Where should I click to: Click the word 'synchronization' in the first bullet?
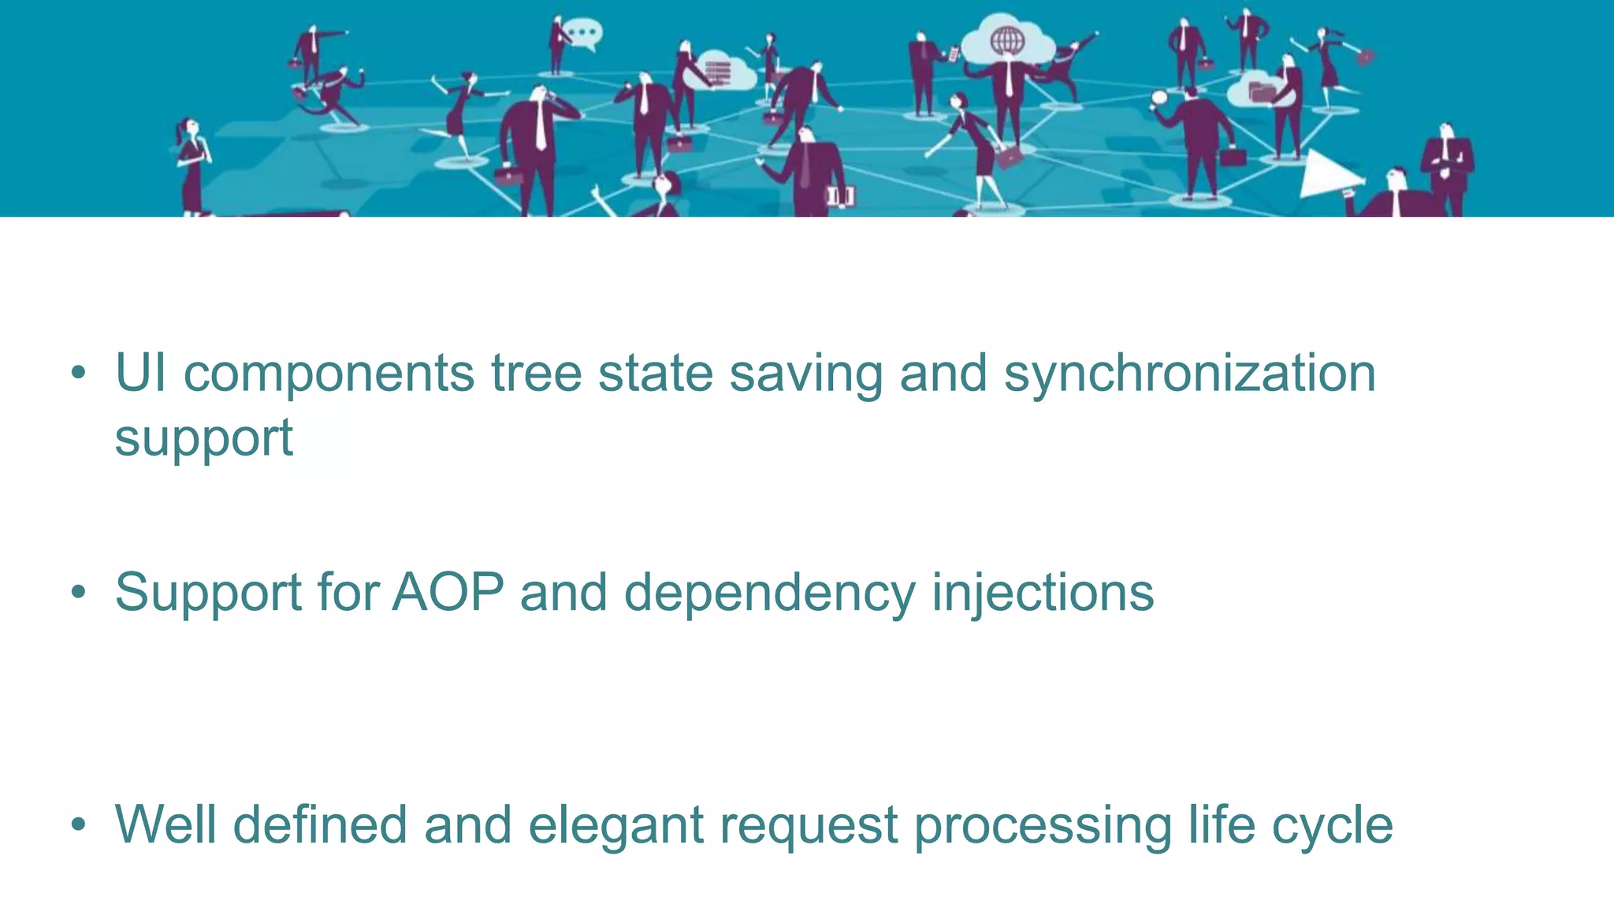pos(1189,374)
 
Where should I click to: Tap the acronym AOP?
pos(448,592)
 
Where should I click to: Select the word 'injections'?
pos(1043,592)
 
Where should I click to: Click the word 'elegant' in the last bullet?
pos(615,825)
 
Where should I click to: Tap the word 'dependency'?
pos(769,592)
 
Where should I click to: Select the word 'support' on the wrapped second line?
pos(203,437)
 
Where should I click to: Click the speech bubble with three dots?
pos(584,34)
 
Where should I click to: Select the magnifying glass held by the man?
pos(1158,99)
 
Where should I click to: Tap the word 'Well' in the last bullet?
pos(165,825)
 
